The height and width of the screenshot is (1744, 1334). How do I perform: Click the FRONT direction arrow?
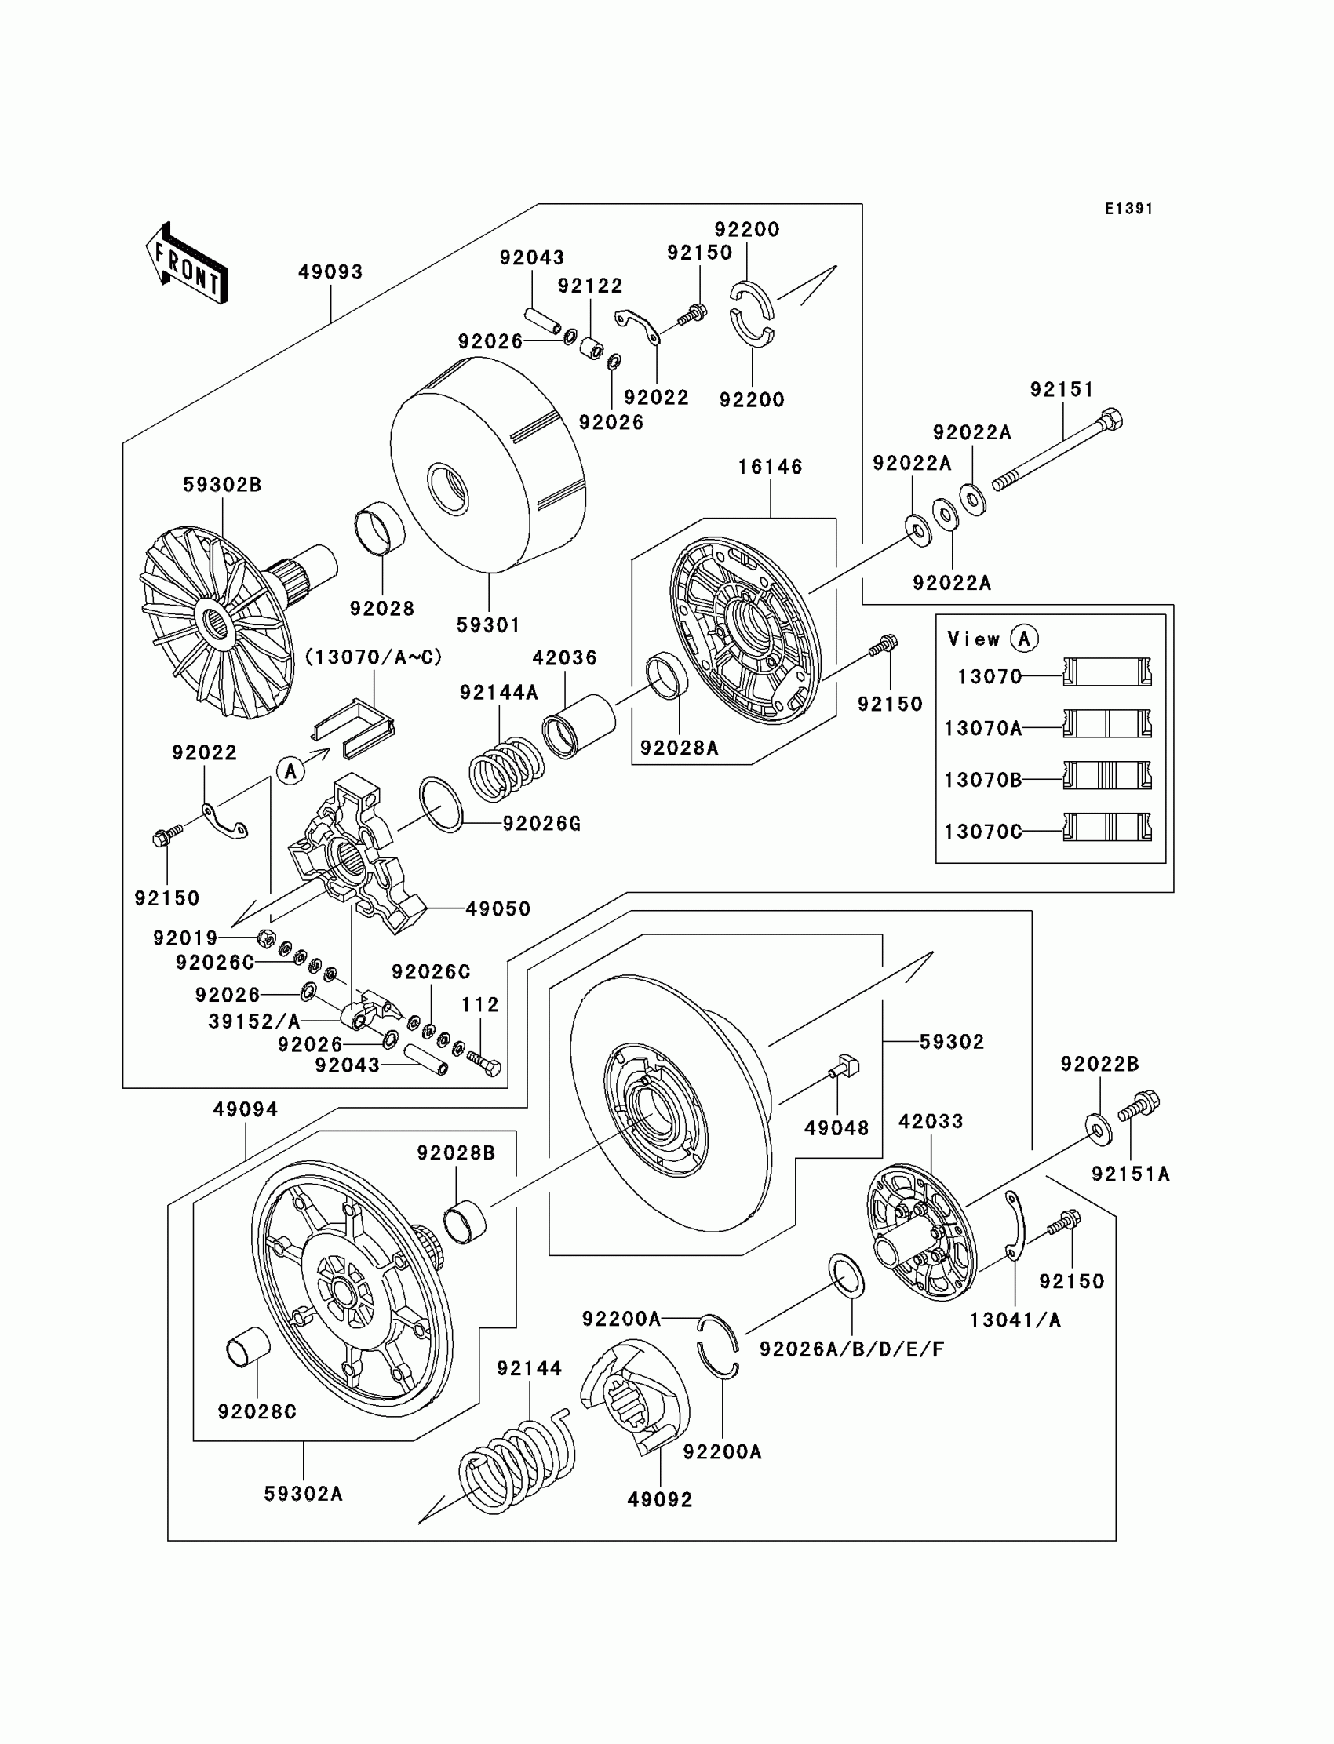click(x=188, y=264)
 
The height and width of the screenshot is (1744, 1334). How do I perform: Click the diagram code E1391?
click(x=1128, y=209)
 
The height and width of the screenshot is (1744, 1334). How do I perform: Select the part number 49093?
click(x=330, y=272)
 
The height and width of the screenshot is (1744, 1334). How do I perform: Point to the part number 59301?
click(x=488, y=625)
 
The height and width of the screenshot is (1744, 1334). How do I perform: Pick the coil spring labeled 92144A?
click(x=506, y=768)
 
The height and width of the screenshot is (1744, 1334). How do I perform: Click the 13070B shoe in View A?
click(x=1107, y=776)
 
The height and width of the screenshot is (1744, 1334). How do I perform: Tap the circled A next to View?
click(x=1024, y=639)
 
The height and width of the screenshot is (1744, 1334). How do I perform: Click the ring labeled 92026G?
click(x=442, y=805)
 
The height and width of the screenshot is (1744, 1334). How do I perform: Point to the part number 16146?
click(x=771, y=467)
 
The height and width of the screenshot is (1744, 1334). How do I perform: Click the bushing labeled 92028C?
click(x=249, y=1347)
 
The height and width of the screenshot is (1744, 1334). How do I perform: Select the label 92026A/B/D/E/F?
click(x=852, y=1349)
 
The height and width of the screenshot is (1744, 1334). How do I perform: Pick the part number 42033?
click(x=931, y=1122)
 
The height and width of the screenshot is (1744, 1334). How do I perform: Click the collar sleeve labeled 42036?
click(x=580, y=726)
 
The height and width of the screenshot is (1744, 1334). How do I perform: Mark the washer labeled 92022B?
click(x=1098, y=1131)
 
